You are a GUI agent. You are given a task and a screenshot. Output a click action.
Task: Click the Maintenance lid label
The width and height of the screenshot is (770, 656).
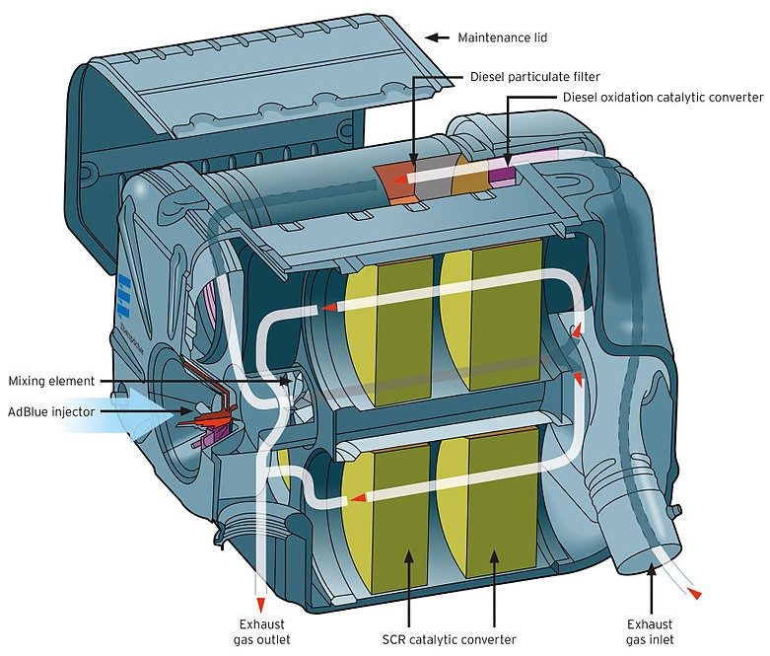pyautogui.click(x=502, y=37)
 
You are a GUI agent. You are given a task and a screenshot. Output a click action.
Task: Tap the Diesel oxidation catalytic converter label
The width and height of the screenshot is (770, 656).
pyautogui.click(x=663, y=98)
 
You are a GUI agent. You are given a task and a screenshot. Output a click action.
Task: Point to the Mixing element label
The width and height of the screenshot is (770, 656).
pyautogui.click(x=51, y=381)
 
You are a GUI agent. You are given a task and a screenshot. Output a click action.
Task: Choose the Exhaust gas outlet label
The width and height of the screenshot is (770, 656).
pyautogui.click(x=261, y=631)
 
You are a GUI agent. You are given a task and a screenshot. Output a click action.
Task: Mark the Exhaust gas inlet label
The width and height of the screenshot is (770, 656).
pyautogui.click(x=651, y=631)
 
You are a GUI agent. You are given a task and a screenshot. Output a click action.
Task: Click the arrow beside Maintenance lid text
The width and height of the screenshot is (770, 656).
pyautogui.click(x=435, y=37)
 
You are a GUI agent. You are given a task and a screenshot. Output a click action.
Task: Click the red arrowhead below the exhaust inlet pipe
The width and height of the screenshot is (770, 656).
pyautogui.click(x=696, y=593)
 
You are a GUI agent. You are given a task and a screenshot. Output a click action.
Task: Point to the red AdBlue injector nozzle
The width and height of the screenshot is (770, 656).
pyautogui.click(x=209, y=420)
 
